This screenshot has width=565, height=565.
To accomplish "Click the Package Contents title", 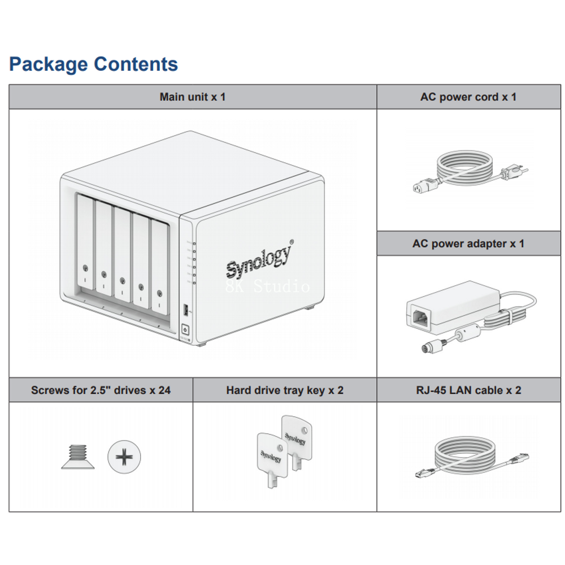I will coord(94,64).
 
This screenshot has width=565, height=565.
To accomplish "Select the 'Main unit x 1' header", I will coord(193,97).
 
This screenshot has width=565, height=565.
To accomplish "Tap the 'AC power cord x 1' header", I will coord(468,97).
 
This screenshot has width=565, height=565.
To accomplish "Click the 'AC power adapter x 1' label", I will coord(468,244).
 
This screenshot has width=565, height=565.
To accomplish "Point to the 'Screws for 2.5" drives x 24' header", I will coord(101,390).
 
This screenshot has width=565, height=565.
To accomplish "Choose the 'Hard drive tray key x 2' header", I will coord(285,390).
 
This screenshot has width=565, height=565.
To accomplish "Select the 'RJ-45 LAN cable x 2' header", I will coord(468,390).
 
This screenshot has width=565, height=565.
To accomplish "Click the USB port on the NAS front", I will coord(185,310).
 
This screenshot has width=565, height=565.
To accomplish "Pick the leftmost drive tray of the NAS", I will coord(84,243).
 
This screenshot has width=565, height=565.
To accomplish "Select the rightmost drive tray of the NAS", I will coord(159,266).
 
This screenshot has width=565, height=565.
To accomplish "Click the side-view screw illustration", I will coord(76,457).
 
